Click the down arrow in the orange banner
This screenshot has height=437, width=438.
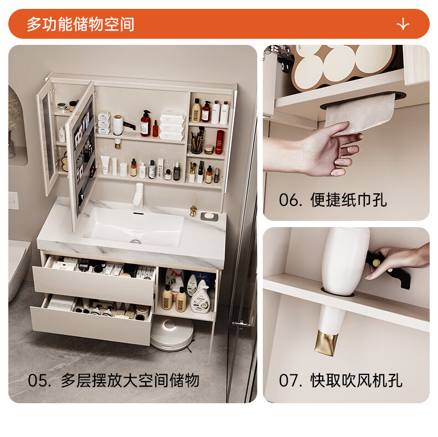pos(403,24)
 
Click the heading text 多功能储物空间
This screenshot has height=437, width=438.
pos(80,24)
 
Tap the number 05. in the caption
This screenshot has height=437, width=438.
pos(39,381)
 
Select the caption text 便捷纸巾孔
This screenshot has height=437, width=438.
pos(349,200)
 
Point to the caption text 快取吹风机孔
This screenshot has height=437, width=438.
pos(356,381)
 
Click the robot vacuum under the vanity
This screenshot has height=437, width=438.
pos(172,333)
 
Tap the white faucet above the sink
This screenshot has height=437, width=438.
pos(138,195)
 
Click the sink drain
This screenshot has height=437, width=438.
pos(135,241)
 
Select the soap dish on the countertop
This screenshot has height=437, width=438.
pos(209,216)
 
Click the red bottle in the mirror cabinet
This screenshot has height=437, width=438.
pos(220,142)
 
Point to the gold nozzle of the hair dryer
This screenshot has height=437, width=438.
pos(326,343)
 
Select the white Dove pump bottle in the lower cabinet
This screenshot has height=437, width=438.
pos(200,297)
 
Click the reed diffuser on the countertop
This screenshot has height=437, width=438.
pos(192,205)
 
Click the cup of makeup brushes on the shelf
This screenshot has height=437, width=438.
pos(197,141)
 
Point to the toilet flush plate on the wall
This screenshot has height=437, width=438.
pos(13,200)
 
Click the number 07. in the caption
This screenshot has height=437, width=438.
pos(291,381)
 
